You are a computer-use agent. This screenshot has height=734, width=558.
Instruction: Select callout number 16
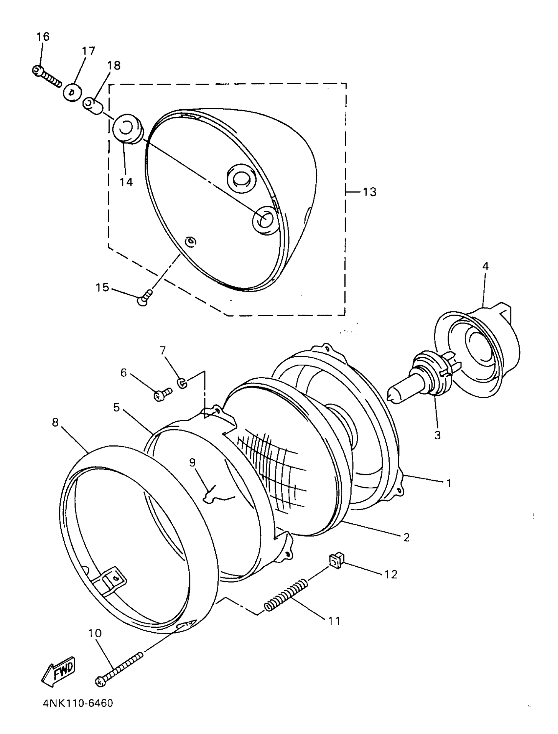click(43, 37)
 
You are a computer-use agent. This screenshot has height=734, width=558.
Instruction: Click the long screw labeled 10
click(119, 666)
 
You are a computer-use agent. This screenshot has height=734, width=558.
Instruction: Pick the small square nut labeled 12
click(336, 561)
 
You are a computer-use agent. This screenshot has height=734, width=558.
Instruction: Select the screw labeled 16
click(47, 76)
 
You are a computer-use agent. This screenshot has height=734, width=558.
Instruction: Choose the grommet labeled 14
click(127, 130)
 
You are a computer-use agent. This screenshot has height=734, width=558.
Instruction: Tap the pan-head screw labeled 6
click(163, 394)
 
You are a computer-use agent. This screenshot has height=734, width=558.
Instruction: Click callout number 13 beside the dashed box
click(369, 192)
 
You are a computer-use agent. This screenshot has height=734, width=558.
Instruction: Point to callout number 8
click(55, 423)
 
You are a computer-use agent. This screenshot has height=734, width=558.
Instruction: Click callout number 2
click(407, 537)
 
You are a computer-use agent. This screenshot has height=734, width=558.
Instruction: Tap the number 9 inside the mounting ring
click(193, 463)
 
